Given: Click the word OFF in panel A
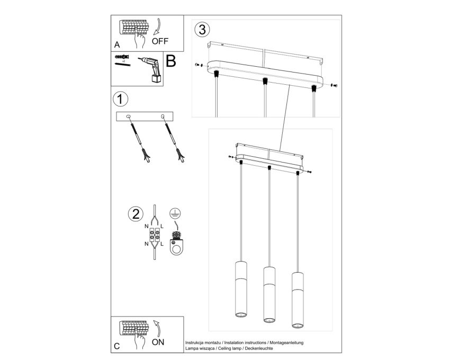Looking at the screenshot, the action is click(160, 41).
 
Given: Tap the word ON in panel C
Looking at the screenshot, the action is click(158, 342).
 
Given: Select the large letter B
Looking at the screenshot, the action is click(171, 61).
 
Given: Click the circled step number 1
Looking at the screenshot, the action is click(121, 100).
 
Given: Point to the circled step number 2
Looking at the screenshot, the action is click(136, 214).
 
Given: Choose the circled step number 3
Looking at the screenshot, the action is click(202, 30).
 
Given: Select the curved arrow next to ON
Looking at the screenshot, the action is click(157, 328).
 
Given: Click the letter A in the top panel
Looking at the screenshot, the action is click(117, 45).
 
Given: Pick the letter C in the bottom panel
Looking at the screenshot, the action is click(117, 346).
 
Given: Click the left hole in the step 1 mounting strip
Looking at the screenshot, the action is click(128, 116).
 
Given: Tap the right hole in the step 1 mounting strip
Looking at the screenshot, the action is click(163, 116).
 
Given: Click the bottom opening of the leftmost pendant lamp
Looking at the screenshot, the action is click(241, 314).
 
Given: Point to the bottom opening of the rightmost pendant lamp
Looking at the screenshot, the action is click(298, 325).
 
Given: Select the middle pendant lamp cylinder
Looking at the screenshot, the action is click(269, 294).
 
